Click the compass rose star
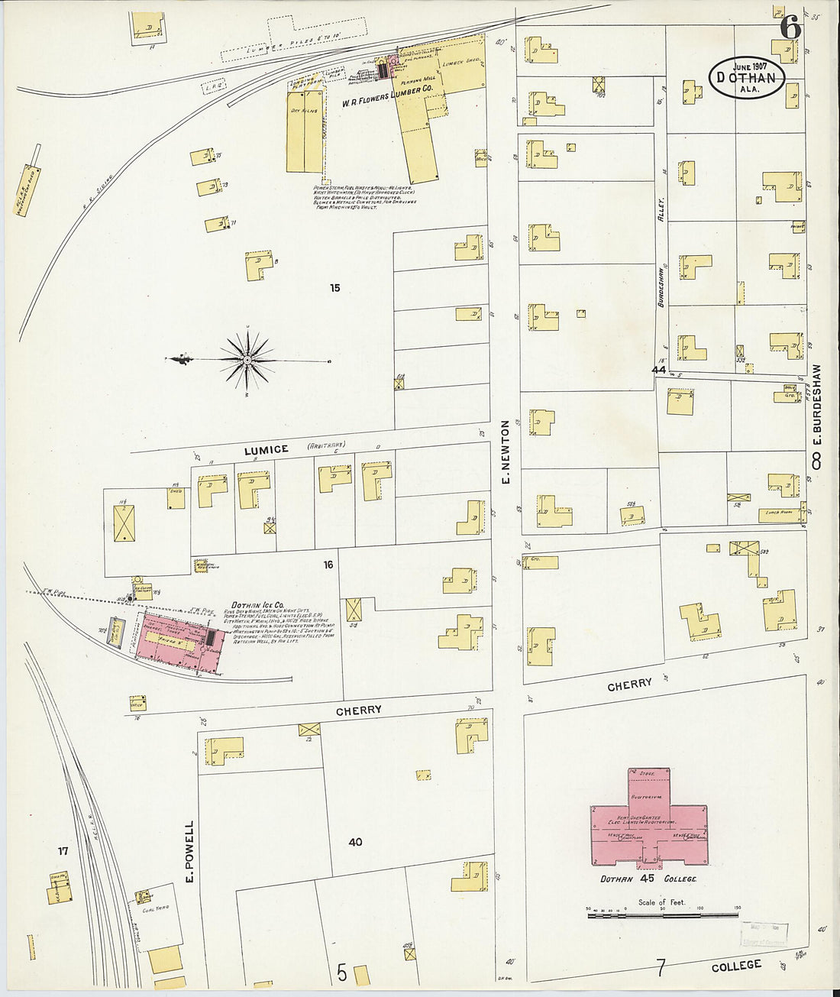pos(247,359)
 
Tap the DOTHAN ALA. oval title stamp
pos(747,78)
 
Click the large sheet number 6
pos(790,28)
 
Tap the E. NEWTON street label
pos(505,453)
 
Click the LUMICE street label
pos(266,450)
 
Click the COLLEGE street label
pos(736,966)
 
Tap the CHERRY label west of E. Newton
pos(359,710)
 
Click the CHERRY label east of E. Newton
pos(629,685)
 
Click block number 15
pos(334,288)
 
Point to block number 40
pos(355,842)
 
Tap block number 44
pos(659,370)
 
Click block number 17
pos(63,850)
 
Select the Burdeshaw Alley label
pos(662,252)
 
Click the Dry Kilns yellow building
pos(304,130)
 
